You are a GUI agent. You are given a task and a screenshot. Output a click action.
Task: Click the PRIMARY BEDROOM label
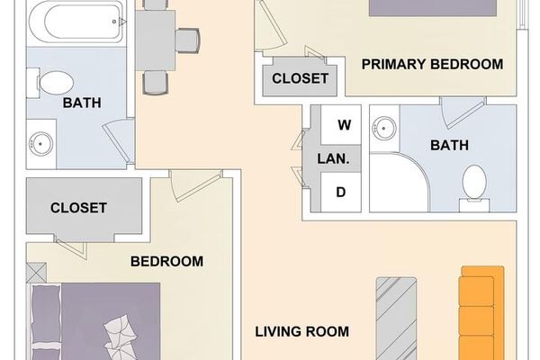tap(431, 64)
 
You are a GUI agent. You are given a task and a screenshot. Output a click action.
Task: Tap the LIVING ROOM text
tap(301, 331)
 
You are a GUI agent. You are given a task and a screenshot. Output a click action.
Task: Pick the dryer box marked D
tap(342, 192)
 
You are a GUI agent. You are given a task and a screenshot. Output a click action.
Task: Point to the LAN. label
tap(333, 158)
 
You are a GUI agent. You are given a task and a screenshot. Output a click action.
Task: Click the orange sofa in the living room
tap(477, 310)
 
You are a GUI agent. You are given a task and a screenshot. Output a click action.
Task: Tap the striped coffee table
tap(396, 315)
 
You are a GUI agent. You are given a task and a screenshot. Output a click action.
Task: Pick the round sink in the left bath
tap(41, 142)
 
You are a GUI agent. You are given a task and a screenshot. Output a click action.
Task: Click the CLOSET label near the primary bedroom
tap(300, 78)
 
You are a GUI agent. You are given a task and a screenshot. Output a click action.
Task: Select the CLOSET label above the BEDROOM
tap(78, 208)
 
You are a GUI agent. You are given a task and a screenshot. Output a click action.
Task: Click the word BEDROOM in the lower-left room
tap(166, 262)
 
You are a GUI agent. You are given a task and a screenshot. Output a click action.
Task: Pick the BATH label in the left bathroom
tap(81, 103)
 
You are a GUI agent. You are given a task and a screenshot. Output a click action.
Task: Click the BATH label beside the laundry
tap(449, 145)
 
